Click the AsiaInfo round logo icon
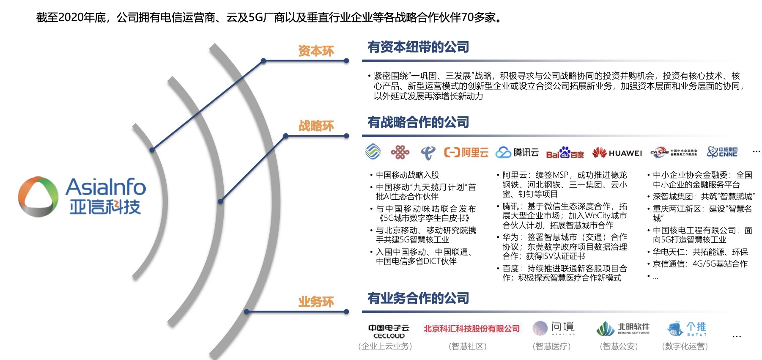38,197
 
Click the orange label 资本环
316,51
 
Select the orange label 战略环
316,126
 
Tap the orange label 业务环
316,302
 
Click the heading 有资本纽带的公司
418,47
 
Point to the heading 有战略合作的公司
418,122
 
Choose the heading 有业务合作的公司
418,298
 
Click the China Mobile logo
373,152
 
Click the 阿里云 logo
466,152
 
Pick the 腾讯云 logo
517,152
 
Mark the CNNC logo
722,152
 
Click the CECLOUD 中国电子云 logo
389,331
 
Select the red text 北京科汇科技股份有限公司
471,329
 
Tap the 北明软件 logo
622,329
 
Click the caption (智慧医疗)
551,346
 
